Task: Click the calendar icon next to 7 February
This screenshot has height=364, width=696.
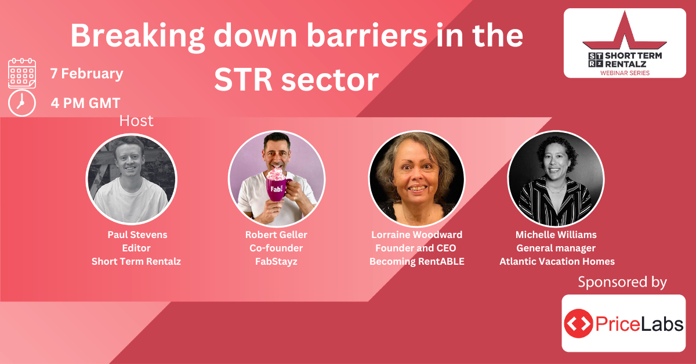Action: pyautogui.click(x=22, y=73)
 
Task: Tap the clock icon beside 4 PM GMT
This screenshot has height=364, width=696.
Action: pyautogui.click(x=22, y=103)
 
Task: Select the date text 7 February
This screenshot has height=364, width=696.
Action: pyautogui.click(x=86, y=74)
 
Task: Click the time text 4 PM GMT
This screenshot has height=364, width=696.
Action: pyautogui.click(x=85, y=103)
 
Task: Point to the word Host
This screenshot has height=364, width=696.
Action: pyautogui.click(x=136, y=121)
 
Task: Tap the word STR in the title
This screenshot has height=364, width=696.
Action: pyautogui.click(x=243, y=80)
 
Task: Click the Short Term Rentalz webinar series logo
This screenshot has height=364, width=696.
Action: pyautogui.click(x=625, y=43)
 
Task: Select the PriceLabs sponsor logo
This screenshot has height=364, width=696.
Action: pyautogui.click(x=623, y=323)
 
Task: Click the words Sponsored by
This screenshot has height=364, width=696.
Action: pyautogui.click(x=622, y=282)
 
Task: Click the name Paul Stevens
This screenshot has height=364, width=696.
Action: pyautogui.click(x=137, y=235)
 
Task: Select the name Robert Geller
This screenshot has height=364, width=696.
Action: pyautogui.click(x=276, y=235)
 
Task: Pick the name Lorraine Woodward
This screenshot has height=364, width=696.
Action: pyautogui.click(x=416, y=235)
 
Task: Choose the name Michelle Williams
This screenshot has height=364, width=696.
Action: pyautogui.click(x=556, y=235)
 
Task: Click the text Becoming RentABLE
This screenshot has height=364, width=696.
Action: pyautogui.click(x=416, y=261)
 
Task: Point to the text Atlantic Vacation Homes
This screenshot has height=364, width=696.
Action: pyautogui.click(x=557, y=261)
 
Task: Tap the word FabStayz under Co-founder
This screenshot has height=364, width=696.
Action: pyautogui.click(x=276, y=261)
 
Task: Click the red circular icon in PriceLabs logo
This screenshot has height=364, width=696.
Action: pyautogui.click(x=578, y=323)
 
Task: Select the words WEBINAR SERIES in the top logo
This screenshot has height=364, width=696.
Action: pyautogui.click(x=625, y=73)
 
